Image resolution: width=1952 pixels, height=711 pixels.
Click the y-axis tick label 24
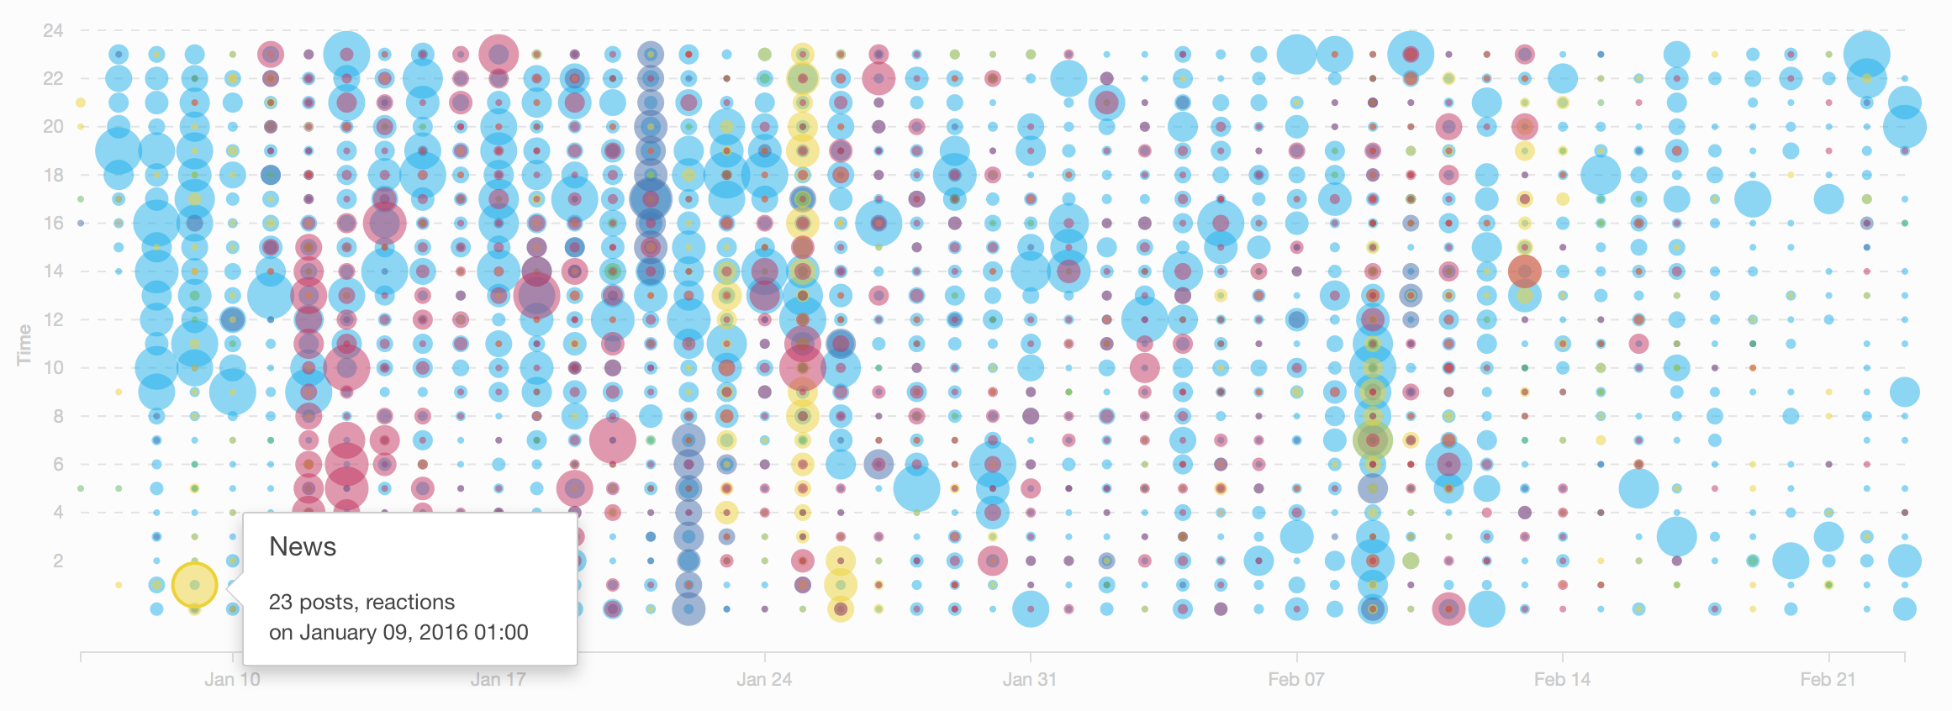[x=53, y=31]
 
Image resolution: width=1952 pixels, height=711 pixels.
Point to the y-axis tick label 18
[x=53, y=176]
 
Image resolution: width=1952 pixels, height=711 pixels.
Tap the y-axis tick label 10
[x=53, y=368]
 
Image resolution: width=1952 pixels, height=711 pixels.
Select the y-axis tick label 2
[x=57, y=561]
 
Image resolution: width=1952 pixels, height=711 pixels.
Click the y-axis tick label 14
[x=53, y=271]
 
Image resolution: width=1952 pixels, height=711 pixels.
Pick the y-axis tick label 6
[x=57, y=465]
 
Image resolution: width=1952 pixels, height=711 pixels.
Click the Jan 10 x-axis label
[x=232, y=679]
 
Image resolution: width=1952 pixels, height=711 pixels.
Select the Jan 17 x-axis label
[x=498, y=679]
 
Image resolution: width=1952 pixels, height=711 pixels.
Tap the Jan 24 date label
[x=764, y=679]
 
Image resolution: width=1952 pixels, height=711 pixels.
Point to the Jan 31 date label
[x=1030, y=679]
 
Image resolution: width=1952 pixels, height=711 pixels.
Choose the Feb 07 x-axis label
[x=1296, y=679]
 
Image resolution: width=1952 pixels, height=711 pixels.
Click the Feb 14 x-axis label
[x=1562, y=679]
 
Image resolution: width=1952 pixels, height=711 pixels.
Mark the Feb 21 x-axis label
[x=1828, y=679]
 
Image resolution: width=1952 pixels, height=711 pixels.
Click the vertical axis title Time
[x=24, y=345]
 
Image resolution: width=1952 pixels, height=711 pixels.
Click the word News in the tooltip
[x=303, y=547]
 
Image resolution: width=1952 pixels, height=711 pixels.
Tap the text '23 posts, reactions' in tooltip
[x=361, y=603]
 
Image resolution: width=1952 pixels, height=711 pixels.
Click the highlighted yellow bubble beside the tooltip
[x=194, y=585]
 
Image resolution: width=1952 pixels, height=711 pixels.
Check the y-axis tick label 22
[x=53, y=79]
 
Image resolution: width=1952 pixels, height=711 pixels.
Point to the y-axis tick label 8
[x=57, y=416]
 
